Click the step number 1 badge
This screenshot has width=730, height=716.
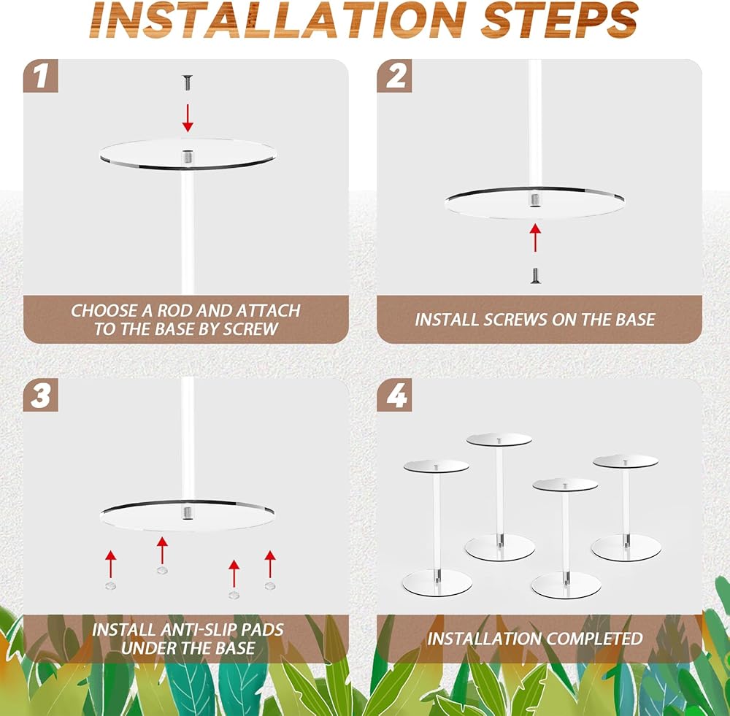(40, 75)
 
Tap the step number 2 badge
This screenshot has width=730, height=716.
(394, 75)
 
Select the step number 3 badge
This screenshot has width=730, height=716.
(40, 395)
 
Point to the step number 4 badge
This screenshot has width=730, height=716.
(394, 395)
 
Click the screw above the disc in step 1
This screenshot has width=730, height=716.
(188, 83)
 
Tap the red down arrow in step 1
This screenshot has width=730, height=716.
(188, 118)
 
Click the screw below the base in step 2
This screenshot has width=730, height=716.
(535, 275)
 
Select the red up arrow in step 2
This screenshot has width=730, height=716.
(535, 237)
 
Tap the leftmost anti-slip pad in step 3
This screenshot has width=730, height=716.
(111, 585)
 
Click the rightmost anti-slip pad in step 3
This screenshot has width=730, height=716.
(270, 585)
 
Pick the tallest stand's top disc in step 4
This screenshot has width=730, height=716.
(499, 439)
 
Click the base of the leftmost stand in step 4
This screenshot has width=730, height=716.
(437, 583)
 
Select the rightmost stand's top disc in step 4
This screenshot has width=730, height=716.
(626, 461)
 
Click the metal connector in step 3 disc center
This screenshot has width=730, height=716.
(188, 513)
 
